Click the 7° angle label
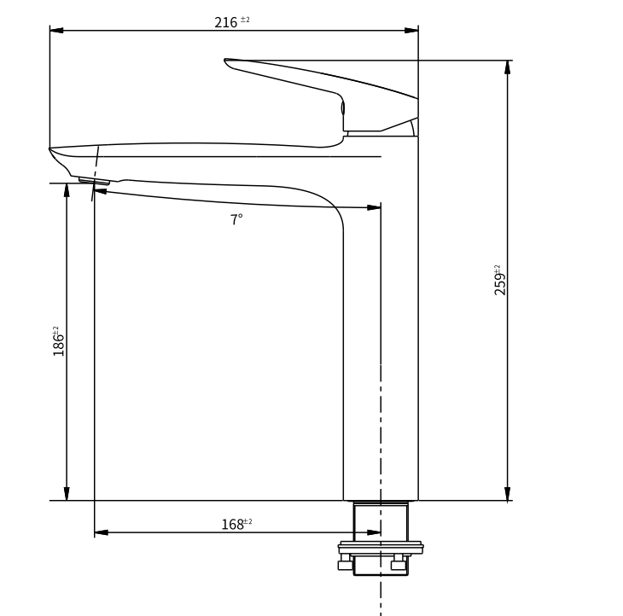[236, 219]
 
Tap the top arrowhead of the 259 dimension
[508, 67]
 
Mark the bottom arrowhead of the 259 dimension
[508, 494]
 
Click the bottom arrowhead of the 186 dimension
[67, 494]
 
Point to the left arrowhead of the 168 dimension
[101, 532]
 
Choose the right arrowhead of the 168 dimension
[374, 532]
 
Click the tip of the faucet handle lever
[227, 61]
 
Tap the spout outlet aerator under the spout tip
[94, 180]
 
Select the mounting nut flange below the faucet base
[381, 547]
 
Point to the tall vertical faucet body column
[381, 341]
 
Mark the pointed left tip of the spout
[51, 150]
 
